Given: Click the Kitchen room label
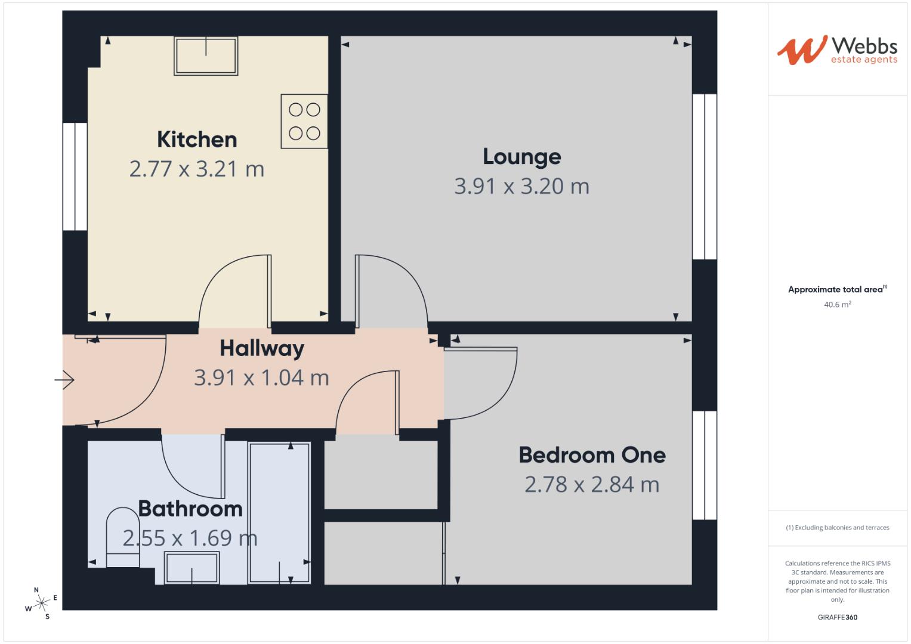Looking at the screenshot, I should [x=197, y=140].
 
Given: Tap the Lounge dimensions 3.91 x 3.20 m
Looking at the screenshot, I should [x=521, y=186].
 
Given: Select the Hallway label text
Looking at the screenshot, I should [x=262, y=348].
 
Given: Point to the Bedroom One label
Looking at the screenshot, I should [x=592, y=455].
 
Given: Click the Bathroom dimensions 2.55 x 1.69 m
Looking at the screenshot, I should [x=190, y=538].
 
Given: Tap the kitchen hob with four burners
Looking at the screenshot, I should [x=304, y=121].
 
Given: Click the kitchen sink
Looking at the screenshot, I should [x=206, y=55].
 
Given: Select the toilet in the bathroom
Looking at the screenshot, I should [x=122, y=537].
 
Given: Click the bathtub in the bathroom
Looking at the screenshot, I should [x=279, y=513].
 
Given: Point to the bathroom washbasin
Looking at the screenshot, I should [x=192, y=568].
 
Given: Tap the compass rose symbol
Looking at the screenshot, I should [x=41, y=603].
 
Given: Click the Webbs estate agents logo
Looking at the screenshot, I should [x=837, y=49].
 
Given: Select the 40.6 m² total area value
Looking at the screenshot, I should [x=837, y=305].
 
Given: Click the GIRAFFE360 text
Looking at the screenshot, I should [x=837, y=617].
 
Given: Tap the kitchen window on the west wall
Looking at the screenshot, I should [x=75, y=177].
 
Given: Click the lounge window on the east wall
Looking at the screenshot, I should [x=704, y=177].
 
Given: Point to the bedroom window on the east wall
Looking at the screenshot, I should [x=704, y=465].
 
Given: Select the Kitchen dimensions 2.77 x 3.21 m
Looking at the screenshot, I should [x=197, y=169].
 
